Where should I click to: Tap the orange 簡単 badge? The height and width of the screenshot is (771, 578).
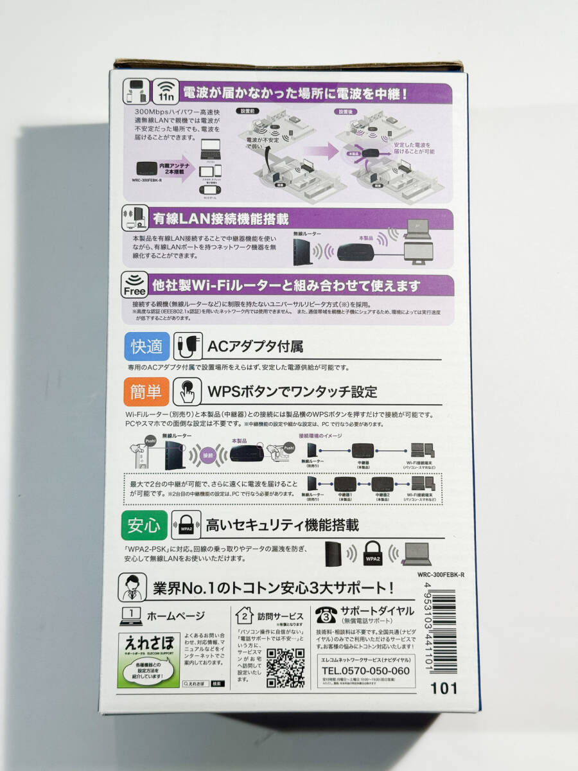pyautogui.click(x=146, y=390)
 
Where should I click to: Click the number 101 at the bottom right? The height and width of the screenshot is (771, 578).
pyautogui.click(x=444, y=688)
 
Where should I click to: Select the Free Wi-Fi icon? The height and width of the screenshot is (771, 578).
pyautogui.click(x=134, y=285)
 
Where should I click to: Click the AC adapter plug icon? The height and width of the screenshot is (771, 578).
pyautogui.click(x=188, y=347)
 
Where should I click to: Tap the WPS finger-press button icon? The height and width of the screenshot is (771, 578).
pyautogui.click(x=188, y=391)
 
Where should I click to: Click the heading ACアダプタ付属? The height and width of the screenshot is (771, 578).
pyautogui.click(x=255, y=348)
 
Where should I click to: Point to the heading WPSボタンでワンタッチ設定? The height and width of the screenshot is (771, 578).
pyautogui.click(x=292, y=391)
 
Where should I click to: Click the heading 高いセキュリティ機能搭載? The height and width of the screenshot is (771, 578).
pyautogui.click(x=282, y=526)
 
